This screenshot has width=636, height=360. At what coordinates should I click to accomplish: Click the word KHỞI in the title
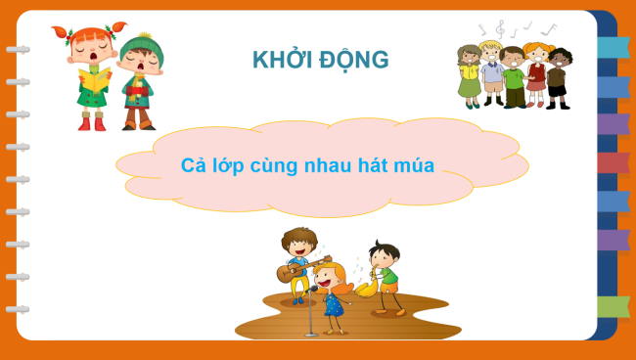[280, 60]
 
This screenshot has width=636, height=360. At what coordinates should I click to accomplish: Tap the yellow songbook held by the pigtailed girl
[94, 81]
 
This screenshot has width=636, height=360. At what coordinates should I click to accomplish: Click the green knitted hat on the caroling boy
[141, 46]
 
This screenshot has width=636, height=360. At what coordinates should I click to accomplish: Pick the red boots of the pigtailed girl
[91, 122]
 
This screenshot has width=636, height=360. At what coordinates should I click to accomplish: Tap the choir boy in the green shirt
[514, 76]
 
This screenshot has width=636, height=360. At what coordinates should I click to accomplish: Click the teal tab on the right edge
[613, 47]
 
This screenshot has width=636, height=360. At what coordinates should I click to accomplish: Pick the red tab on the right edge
[613, 162]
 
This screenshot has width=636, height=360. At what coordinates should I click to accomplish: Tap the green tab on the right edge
[613, 307]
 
